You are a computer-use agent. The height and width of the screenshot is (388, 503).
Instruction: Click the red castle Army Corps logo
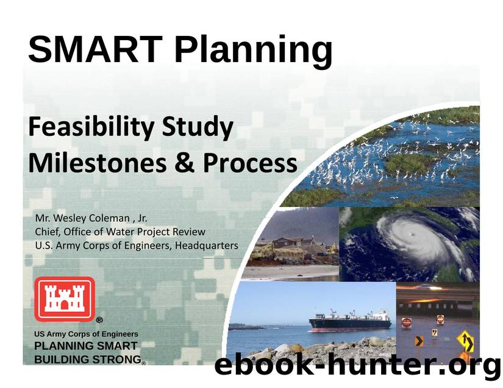64,298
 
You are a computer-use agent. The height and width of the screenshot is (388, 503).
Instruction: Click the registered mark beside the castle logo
99,320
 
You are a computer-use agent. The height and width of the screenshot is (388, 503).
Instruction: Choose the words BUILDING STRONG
87,359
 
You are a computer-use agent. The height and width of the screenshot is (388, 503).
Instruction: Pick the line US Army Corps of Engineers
86,334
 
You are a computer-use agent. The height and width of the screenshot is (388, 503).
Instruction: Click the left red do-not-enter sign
406,322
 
